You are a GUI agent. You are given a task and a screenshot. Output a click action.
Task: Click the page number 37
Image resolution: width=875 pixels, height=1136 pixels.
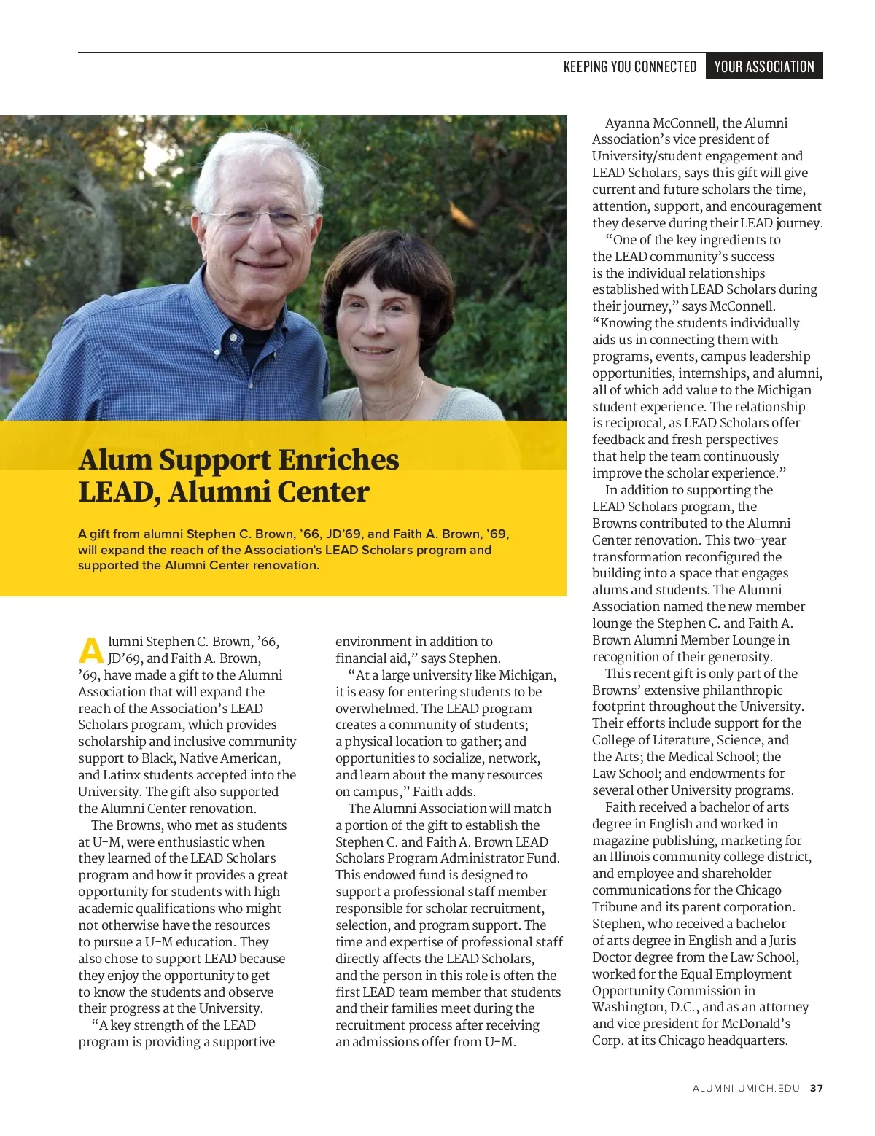tap(817, 1088)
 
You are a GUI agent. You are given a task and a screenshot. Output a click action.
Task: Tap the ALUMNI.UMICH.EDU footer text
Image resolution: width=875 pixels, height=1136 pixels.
tap(746, 1088)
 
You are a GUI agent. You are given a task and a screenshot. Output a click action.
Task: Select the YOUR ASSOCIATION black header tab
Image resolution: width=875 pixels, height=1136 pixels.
tap(764, 66)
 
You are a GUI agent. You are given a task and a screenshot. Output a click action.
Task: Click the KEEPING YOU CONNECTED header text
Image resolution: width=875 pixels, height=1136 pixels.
tap(630, 66)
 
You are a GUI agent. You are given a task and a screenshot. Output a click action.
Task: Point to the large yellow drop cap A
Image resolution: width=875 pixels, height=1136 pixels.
tap(91, 650)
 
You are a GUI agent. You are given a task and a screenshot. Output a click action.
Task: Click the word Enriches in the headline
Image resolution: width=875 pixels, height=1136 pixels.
tap(339, 460)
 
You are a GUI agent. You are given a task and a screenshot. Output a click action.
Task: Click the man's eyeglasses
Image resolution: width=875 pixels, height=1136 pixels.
tap(260, 219)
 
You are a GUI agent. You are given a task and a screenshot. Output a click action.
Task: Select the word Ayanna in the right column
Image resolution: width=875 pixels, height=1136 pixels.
tap(627, 123)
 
